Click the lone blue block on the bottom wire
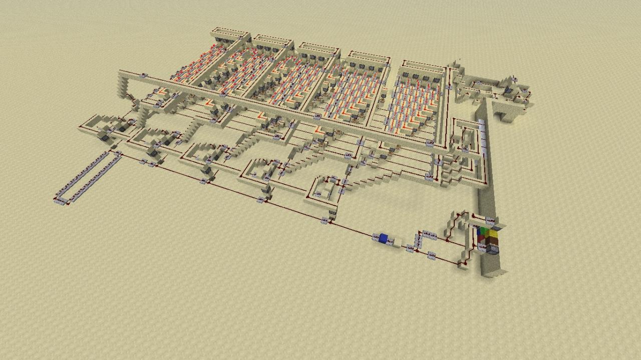pos(384,238)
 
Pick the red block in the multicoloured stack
pos(482,239)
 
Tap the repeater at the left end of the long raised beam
pos(144,76)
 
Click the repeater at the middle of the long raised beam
pos(317,116)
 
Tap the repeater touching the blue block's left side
pos(375,236)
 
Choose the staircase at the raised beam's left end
pos(122,85)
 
